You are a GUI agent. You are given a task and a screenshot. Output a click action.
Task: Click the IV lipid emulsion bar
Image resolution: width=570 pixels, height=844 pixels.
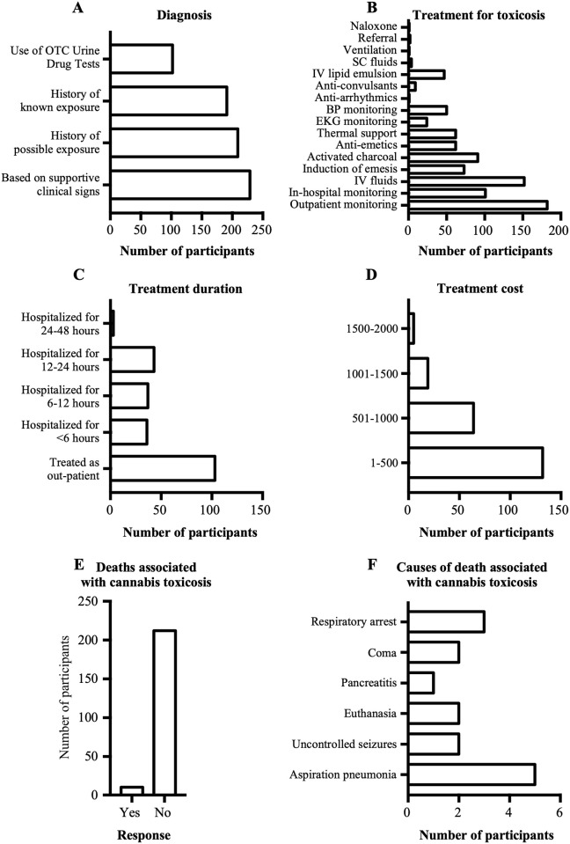427,74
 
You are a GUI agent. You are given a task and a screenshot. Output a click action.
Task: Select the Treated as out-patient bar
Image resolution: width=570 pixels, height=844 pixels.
163,467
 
